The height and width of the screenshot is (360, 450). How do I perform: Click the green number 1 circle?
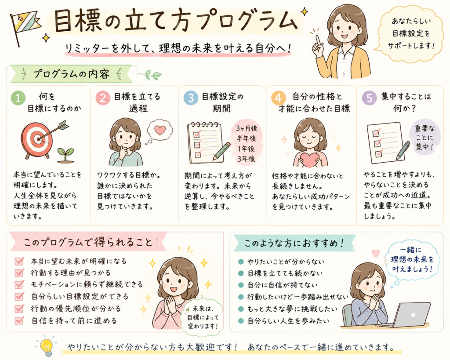point(18,98)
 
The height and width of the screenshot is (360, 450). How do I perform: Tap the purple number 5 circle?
point(369,98)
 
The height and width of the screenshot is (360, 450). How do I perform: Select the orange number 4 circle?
point(278,98)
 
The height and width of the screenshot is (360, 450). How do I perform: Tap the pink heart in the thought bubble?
point(160,130)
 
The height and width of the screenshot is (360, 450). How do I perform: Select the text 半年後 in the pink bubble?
point(246,138)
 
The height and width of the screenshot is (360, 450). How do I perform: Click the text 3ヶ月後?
point(247,128)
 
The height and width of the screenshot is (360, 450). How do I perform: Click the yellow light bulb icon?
point(46,346)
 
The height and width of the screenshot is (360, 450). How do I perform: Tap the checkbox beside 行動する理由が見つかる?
point(19,273)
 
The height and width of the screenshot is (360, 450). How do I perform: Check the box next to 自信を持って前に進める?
point(19,320)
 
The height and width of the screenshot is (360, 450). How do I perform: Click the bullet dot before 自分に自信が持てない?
point(241,285)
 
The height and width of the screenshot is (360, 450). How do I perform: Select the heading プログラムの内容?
point(72,74)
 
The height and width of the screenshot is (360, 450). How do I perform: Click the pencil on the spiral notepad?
point(221,151)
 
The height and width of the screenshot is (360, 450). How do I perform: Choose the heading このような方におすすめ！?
point(294,244)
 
